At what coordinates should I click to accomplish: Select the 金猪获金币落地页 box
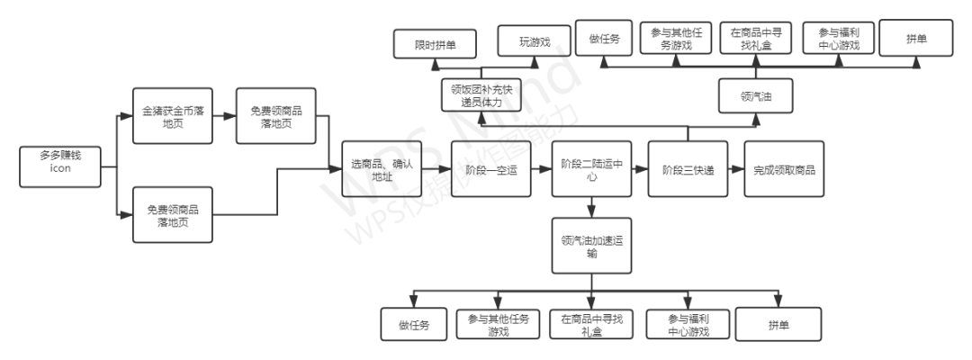click(172, 116)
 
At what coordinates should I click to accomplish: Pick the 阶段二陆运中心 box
click(590, 169)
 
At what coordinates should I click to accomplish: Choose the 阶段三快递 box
click(688, 169)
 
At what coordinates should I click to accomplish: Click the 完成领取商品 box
click(784, 169)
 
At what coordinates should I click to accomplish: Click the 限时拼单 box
click(435, 42)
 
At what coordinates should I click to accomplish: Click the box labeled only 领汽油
click(755, 95)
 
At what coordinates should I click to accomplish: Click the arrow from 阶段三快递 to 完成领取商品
click(735, 169)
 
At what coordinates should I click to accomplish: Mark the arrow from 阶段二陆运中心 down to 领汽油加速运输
click(590, 207)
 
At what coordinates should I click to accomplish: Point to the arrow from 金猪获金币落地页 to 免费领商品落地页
click(224, 116)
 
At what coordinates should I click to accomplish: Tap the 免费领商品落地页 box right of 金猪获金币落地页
click(276, 116)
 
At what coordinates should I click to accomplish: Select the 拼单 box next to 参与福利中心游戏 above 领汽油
click(916, 38)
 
